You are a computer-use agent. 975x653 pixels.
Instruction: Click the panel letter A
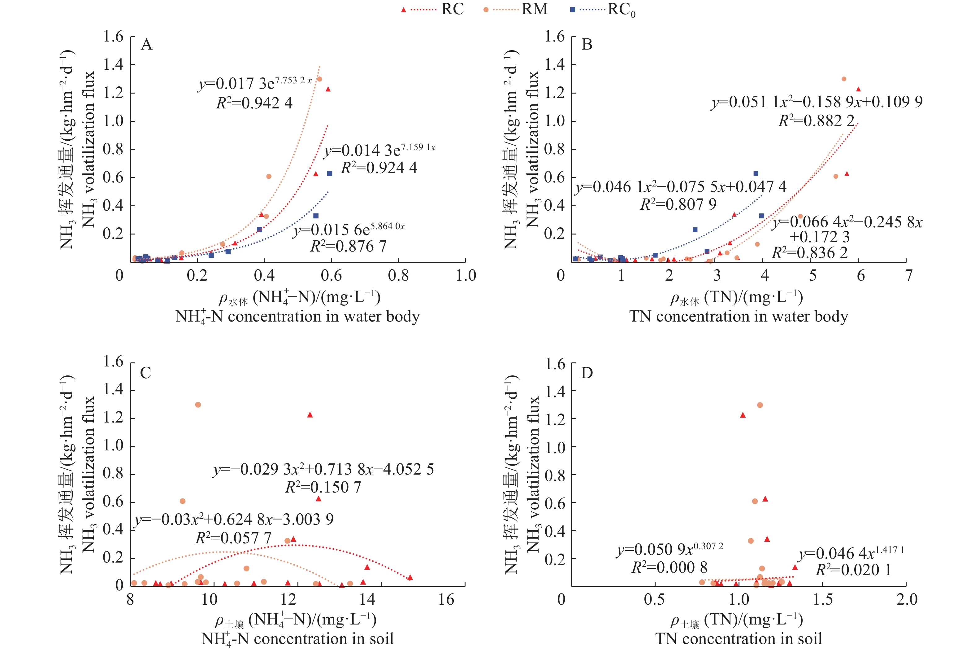click(x=146, y=44)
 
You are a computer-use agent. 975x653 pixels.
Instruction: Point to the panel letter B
click(x=587, y=44)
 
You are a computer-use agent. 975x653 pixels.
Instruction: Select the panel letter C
click(x=145, y=373)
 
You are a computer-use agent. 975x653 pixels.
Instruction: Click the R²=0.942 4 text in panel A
click(x=254, y=103)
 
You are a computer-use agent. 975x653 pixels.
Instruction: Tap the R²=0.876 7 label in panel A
click(x=348, y=246)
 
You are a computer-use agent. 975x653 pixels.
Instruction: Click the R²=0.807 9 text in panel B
click(x=678, y=204)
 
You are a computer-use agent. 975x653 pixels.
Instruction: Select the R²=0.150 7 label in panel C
click(x=323, y=487)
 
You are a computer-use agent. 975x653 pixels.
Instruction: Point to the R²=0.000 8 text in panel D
click(x=669, y=567)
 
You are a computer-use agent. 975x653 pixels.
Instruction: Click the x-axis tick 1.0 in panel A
click(x=466, y=275)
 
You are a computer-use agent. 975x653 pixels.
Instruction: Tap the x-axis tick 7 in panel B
click(x=908, y=275)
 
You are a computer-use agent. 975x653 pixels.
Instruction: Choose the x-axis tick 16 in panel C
click(x=446, y=600)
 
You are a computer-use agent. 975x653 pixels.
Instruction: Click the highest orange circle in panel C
click(x=198, y=405)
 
